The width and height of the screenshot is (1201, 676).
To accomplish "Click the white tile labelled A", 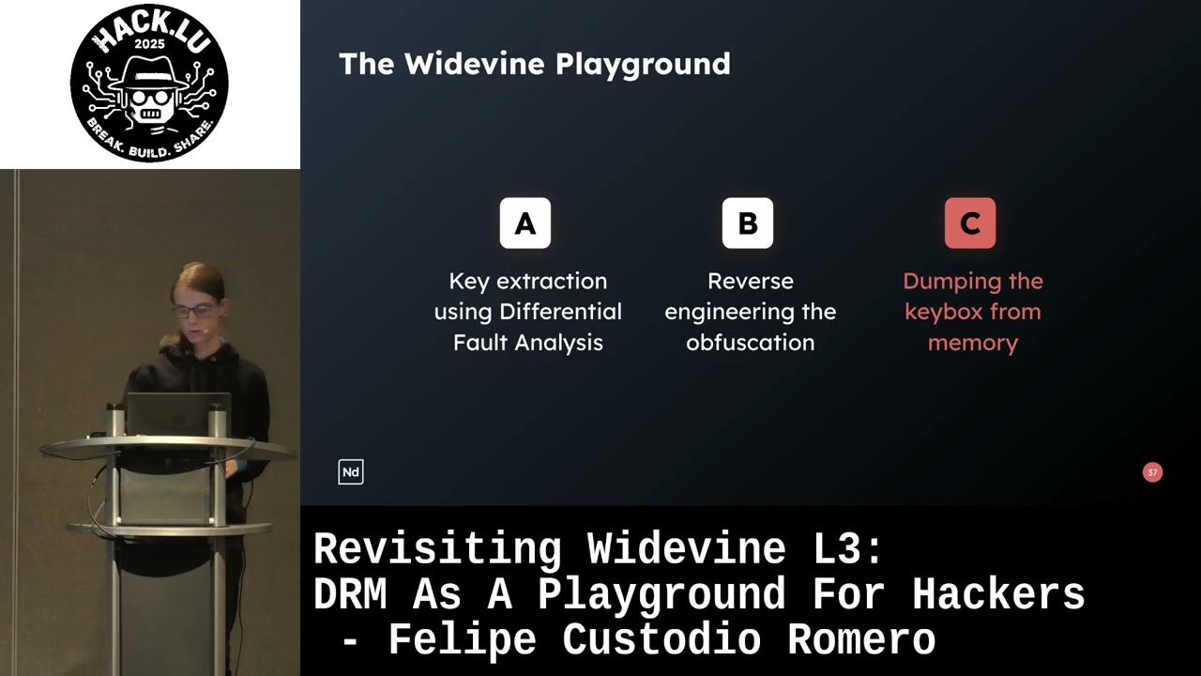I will (525, 223).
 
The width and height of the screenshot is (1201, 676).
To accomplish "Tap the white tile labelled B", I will (748, 223).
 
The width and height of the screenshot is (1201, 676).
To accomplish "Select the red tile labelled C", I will (970, 223).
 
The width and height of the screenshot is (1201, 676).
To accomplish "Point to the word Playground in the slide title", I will (643, 65).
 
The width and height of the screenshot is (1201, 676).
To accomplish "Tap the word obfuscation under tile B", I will (750, 343).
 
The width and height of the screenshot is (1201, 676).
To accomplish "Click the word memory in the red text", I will (972, 343).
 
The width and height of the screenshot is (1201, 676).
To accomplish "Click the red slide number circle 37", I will (1152, 472).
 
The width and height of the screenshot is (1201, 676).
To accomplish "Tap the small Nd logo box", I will (351, 472).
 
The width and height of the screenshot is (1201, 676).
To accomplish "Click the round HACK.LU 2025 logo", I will (149, 83).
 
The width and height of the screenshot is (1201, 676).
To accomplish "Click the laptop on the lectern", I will (178, 413).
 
